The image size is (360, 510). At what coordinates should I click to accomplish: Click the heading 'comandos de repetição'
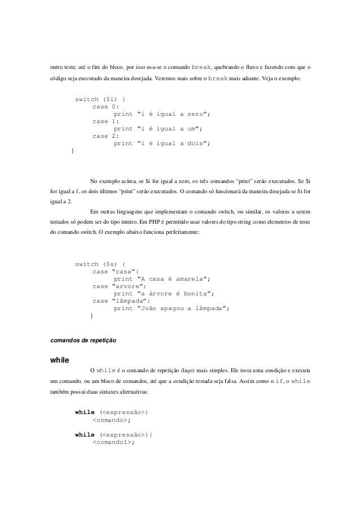point(84,341)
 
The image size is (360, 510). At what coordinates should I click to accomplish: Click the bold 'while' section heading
point(60,359)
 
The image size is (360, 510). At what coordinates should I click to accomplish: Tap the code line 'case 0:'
point(106,107)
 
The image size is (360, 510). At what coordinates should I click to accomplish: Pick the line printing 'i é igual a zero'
point(162,114)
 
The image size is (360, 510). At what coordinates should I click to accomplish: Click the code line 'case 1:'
point(106,121)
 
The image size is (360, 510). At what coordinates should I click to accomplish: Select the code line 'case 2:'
point(106,136)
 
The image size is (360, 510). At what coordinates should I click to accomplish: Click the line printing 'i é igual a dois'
point(162,143)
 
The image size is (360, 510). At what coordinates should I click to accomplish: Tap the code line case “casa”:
point(116,271)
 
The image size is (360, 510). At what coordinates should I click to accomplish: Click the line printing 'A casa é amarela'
point(162,278)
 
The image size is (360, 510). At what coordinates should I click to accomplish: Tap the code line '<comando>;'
point(112,420)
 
